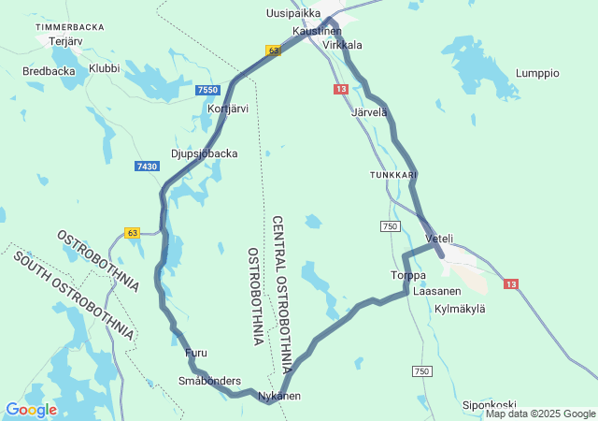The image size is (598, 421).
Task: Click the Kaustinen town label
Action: [317, 31]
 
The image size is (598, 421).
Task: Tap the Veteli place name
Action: [439, 239]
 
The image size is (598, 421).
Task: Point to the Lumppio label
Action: [537, 73]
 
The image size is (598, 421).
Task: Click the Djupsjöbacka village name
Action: [205, 153]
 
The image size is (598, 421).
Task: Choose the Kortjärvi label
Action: [227, 109]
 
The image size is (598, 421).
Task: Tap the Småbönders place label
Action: [209, 381]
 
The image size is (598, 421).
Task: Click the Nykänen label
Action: [279, 396]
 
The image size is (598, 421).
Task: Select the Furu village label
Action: [196, 353]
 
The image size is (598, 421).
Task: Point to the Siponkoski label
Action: [490, 405]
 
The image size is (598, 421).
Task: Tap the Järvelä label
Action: [369, 112]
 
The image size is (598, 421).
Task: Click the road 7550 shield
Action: [208, 90]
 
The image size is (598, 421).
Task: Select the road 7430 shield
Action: [147, 166]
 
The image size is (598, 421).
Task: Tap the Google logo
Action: [31, 410]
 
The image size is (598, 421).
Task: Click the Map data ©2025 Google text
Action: [540, 414]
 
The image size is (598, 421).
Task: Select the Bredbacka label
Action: [49, 71]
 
